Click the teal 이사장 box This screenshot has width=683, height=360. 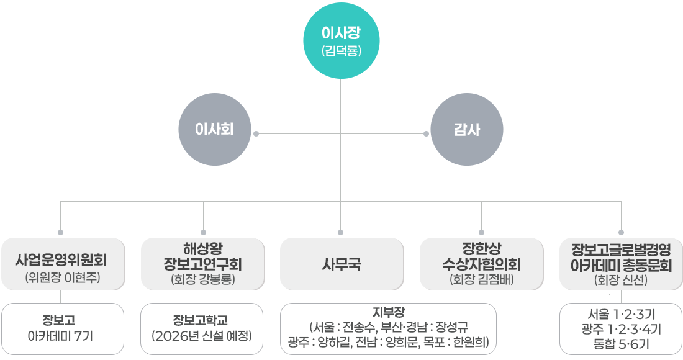click(341, 40)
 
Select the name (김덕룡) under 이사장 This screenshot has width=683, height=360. click(341, 51)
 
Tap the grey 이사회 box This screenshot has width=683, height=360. click(214, 130)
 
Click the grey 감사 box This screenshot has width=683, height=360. click(466, 130)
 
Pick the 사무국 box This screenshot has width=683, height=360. click(341, 264)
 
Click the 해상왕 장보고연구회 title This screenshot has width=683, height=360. click(203, 257)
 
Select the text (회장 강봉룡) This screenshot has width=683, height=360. click(203, 279)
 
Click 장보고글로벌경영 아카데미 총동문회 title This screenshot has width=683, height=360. click(621, 258)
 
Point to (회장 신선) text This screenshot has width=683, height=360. click(621, 280)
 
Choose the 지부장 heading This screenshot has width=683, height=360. click(389, 312)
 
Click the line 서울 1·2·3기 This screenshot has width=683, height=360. click(620, 315)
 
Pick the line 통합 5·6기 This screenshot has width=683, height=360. click(620, 343)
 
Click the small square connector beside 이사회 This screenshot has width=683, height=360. click(256, 133)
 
